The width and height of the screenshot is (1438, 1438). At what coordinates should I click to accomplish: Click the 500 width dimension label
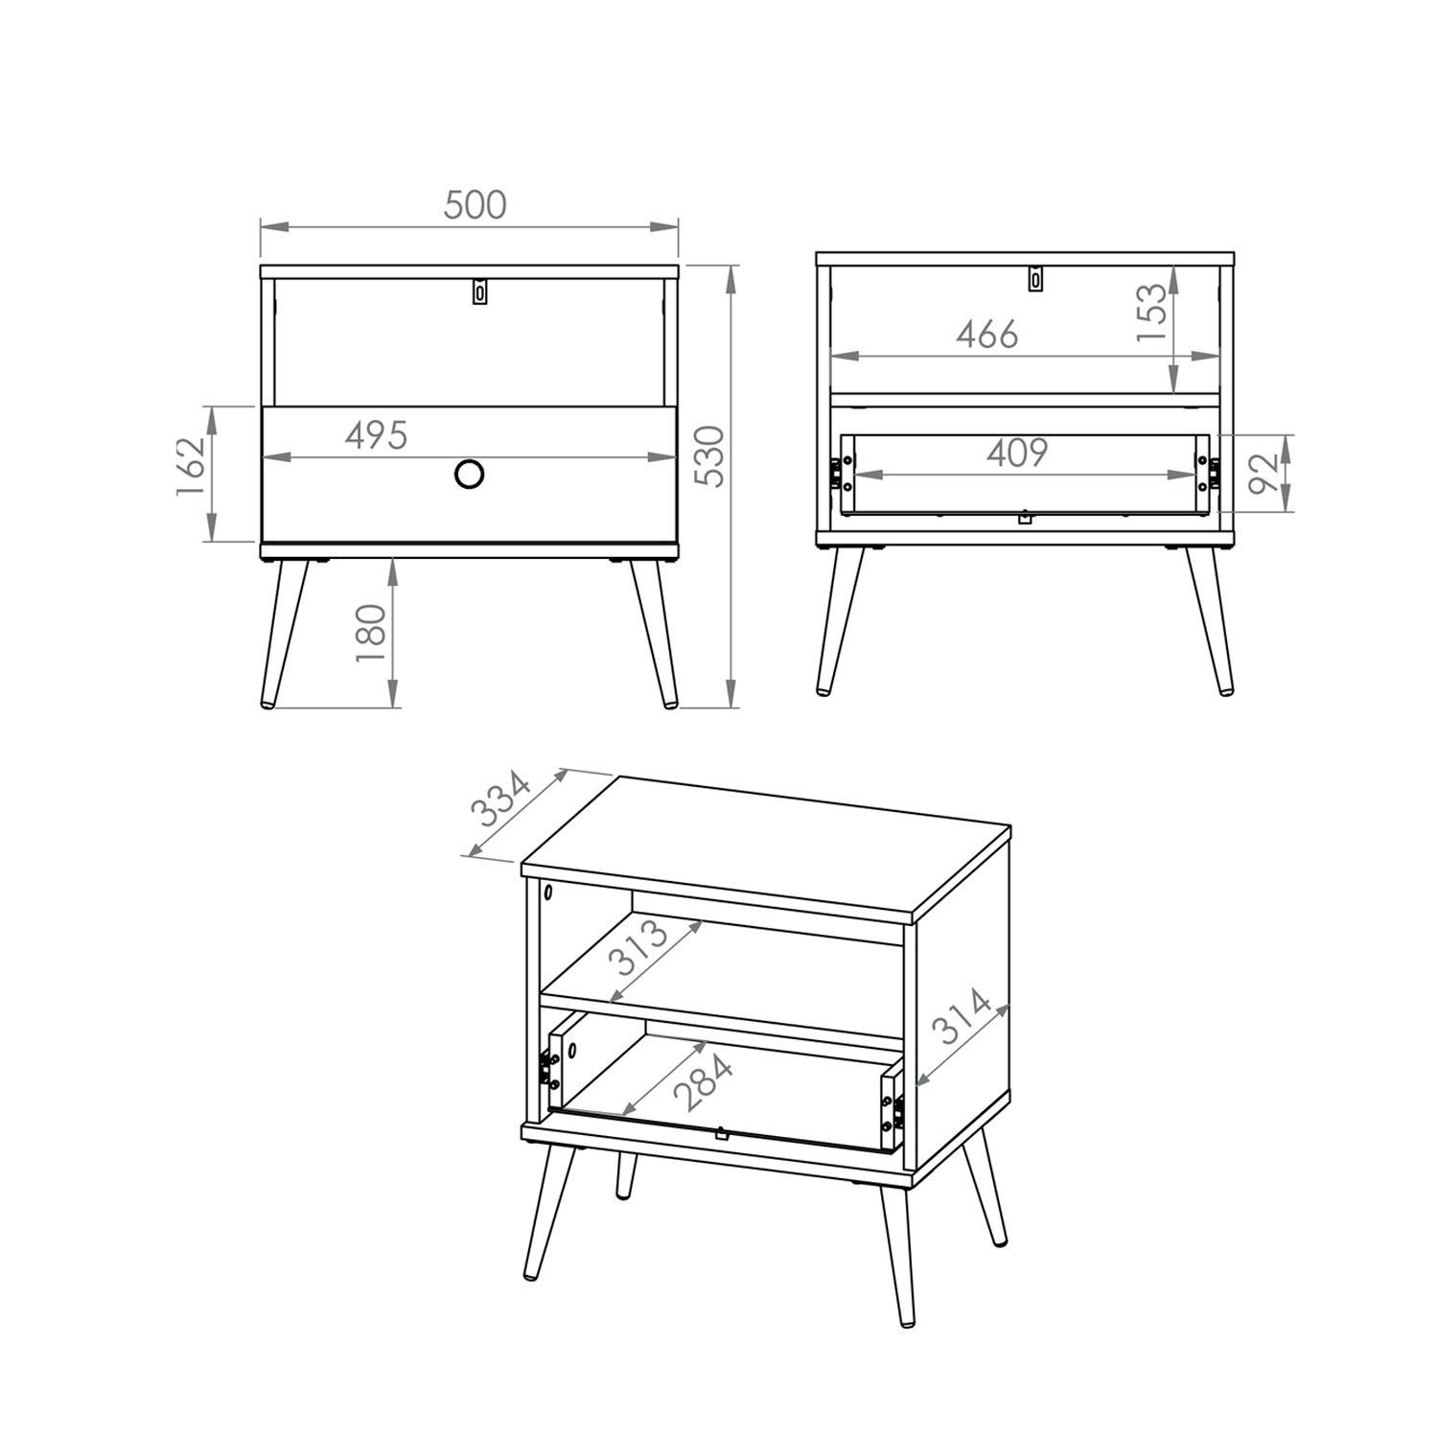[475, 204]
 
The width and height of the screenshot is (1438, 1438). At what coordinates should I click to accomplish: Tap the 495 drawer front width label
[377, 435]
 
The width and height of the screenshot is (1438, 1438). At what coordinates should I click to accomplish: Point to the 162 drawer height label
[191, 467]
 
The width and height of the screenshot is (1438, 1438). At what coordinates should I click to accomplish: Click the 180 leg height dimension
[371, 633]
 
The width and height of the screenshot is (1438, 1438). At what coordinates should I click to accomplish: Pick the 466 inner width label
[987, 335]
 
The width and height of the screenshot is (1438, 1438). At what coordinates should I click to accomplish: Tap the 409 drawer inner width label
[1017, 452]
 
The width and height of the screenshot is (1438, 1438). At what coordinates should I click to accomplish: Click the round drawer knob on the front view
[469, 475]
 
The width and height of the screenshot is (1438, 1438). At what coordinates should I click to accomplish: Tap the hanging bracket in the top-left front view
[480, 291]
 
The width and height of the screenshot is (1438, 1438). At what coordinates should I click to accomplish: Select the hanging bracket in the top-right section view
[1034, 278]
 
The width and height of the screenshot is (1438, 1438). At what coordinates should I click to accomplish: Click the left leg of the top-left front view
[285, 633]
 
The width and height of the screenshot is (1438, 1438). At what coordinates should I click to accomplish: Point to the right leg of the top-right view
[1210, 621]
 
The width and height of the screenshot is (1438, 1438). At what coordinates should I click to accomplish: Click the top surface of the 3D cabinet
[764, 844]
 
